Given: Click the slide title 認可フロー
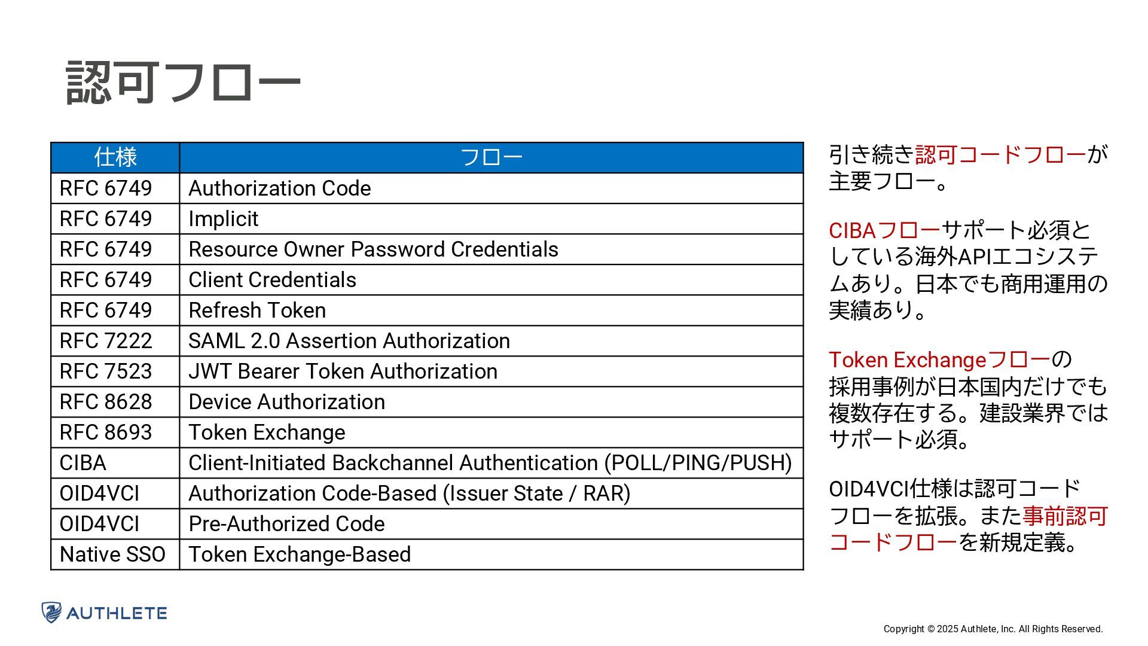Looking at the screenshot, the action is point(183,83).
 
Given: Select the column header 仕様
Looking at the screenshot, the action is point(115,157).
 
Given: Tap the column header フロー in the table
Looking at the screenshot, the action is point(491,157).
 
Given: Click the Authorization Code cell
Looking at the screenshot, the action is point(280,188).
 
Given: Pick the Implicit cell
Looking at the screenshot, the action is point(224,219).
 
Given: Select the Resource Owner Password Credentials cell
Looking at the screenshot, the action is point(373,249).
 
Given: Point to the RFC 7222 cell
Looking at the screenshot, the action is point(106,341).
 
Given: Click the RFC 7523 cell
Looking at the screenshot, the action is point(106,371).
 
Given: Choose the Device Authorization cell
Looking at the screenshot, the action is point(287,402).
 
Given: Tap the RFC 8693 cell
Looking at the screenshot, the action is point(106,432).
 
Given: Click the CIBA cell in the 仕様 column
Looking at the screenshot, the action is point(83,463).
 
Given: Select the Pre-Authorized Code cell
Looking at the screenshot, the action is point(287,524).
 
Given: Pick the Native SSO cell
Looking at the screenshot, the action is point(112,554).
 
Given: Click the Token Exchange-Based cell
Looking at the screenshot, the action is point(300,554).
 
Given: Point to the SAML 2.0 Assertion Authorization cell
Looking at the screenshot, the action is point(349,341).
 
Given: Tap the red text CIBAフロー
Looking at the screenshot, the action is point(884,230).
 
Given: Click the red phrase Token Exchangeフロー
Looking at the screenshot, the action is point(939,360).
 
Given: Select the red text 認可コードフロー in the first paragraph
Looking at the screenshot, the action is point(1000,155).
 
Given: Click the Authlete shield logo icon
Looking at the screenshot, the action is point(52,613).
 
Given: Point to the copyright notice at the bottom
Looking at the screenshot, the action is point(993,629).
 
